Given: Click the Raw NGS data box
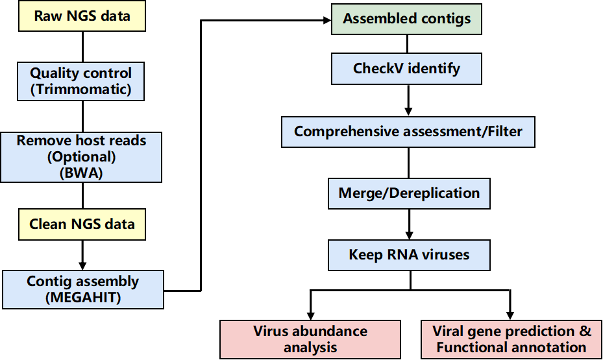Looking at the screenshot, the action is coord(82,16).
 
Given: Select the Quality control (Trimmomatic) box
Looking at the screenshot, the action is coord(80,82).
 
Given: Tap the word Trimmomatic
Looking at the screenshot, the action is coord(80,90).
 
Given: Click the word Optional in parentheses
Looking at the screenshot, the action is coord(82,157).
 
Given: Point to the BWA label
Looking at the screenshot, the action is coord(81,173).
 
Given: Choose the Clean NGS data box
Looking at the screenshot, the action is coord(82,224).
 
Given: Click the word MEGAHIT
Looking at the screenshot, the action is coord(83,298).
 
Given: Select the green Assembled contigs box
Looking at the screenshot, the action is coord(406,19).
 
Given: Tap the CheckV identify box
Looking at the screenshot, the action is coord(406,69).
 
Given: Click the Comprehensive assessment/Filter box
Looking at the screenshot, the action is coord(408,132).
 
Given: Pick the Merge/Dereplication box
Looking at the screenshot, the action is coord(409,193).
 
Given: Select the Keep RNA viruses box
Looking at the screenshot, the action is coord(409,255).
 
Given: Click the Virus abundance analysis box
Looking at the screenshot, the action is coord(310,340).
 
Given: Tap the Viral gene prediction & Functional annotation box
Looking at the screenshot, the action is coord(511,340).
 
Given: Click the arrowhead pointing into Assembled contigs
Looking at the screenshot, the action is coord(327,20).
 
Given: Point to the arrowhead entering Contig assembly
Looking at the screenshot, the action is coord(82,265).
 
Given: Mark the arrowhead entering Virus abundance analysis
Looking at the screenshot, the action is coord(311,315).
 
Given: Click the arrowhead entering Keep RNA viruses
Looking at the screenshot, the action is coord(409,235).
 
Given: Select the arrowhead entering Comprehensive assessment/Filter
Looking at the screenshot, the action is coord(408,112).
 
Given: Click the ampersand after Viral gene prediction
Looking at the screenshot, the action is coord(585,331).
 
